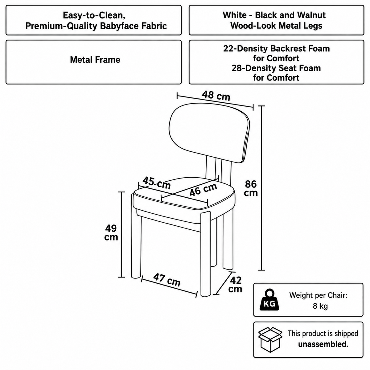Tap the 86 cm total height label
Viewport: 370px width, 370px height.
click(x=251, y=188)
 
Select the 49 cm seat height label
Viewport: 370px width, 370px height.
click(x=111, y=232)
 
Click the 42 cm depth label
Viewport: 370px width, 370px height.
click(x=235, y=285)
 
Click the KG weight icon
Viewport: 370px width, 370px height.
click(x=269, y=300)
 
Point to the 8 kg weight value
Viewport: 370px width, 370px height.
click(x=320, y=306)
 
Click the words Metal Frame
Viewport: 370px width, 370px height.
click(x=95, y=60)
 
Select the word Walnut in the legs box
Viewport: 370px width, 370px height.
click(x=311, y=15)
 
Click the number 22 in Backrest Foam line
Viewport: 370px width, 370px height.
click(x=228, y=49)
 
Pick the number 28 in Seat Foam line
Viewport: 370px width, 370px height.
click(x=237, y=68)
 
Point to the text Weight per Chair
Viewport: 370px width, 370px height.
click(x=318, y=295)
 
